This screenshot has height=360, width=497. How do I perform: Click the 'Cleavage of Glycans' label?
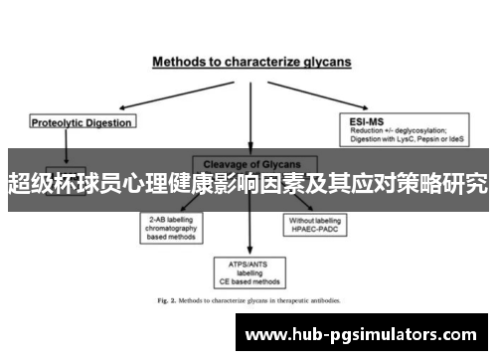point(248,164)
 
